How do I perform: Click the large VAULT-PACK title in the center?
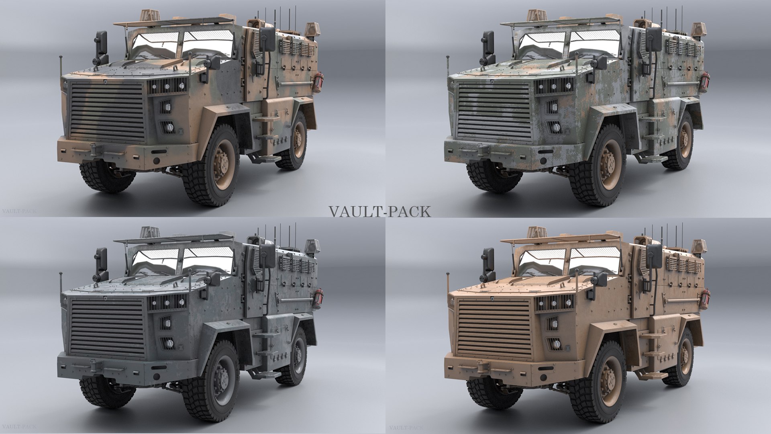(x=380, y=211)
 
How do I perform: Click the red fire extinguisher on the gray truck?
(x=318, y=297)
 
